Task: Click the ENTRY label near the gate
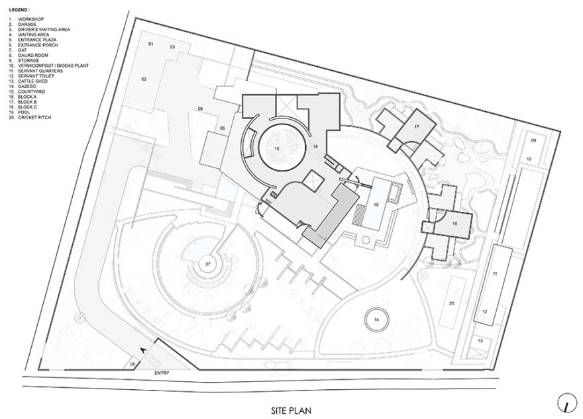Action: pyautogui.click(x=162, y=373)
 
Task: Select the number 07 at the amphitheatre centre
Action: pyautogui.click(x=208, y=263)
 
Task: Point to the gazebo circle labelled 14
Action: pyautogui.click(x=376, y=320)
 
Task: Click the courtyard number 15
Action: pyautogui.click(x=278, y=148)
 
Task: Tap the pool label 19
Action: pyautogui.click(x=376, y=205)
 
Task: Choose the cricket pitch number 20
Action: pyautogui.click(x=452, y=303)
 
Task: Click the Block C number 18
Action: pyautogui.click(x=454, y=224)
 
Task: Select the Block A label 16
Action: pyautogui.click(x=316, y=146)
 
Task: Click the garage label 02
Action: pyautogui.click(x=142, y=79)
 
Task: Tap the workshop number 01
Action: pyautogui.click(x=150, y=44)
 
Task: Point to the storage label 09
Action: pyautogui.click(x=533, y=142)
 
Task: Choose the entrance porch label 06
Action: pyautogui.click(x=223, y=128)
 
